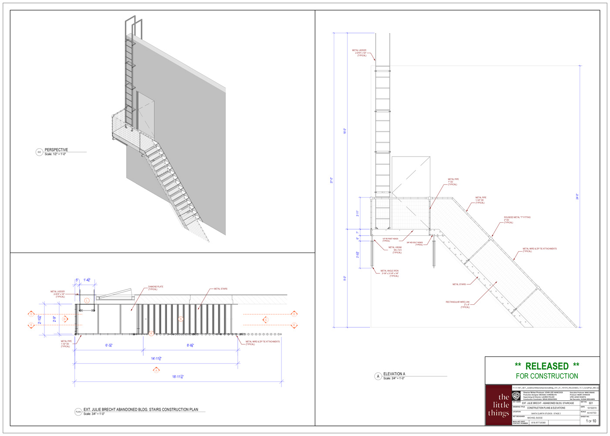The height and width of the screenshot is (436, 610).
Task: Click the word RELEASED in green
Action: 547,366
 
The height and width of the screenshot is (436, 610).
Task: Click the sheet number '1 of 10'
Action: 591,421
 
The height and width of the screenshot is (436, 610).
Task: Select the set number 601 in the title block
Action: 591,403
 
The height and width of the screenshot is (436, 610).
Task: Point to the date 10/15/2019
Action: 592,408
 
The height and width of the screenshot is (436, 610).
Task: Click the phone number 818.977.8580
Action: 538,422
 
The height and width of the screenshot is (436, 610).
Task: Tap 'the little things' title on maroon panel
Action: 498,405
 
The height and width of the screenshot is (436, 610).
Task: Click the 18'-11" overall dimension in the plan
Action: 178,377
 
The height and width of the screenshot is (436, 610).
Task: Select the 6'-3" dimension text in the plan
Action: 109,345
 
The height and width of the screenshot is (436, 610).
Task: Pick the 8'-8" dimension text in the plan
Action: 190,345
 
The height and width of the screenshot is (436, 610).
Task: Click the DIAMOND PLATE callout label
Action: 156,288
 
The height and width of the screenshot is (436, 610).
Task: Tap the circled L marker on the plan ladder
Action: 87,300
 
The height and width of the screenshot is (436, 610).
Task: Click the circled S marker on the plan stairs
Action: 180,319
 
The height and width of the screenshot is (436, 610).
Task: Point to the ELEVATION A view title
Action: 394,374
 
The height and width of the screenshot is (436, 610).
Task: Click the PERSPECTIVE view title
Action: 56,150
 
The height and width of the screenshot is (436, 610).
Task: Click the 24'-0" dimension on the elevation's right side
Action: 577,197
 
